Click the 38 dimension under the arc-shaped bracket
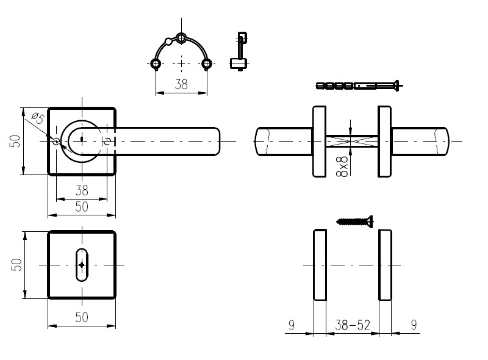[181, 84]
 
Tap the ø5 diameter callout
[38, 118]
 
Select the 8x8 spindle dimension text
[342, 167]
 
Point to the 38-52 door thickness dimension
[353, 325]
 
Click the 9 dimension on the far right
[414, 325]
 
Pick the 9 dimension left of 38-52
[292, 325]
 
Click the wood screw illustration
[355, 221]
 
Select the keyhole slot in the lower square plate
[82, 265]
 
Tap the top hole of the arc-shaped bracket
[181, 38]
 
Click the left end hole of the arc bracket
[156, 64]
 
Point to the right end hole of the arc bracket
[207, 64]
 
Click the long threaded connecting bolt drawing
[359, 85]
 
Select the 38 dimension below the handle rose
[82, 190]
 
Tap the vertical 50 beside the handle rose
[16, 141]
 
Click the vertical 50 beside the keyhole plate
[16, 265]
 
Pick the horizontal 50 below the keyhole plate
[82, 317]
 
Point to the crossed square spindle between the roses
[352, 141]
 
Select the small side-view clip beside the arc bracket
[239, 51]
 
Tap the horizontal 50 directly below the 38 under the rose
[82, 207]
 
